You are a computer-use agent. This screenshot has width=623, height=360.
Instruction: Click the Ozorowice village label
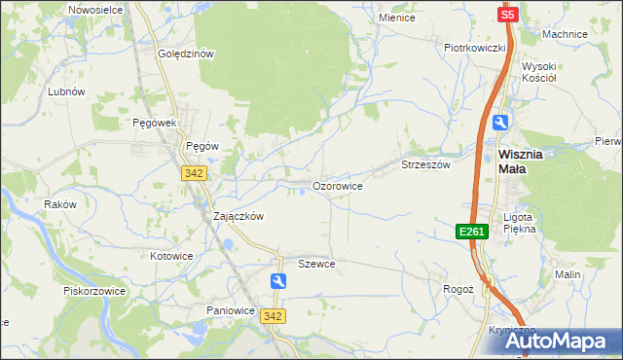click(x=338, y=185)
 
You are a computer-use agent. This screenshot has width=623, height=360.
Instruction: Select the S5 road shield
click(x=507, y=15)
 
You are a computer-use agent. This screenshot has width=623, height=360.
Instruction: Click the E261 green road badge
click(x=472, y=231)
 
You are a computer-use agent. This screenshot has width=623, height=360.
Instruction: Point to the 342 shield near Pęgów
click(x=192, y=172)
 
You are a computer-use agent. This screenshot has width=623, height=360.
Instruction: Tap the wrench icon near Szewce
click(x=279, y=282)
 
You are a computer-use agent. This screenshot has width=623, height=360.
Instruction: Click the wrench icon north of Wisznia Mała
click(x=500, y=122)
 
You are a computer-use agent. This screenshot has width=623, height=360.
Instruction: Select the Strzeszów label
click(x=426, y=165)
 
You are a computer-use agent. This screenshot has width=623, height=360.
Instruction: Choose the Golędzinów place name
click(x=186, y=54)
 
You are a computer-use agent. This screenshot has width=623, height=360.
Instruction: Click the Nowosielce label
click(x=93, y=9)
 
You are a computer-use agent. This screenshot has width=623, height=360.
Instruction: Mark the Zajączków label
click(x=238, y=217)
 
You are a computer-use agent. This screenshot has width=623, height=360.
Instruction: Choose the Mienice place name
click(x=397, y=18)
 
